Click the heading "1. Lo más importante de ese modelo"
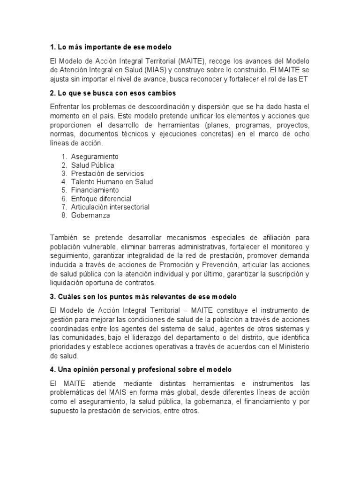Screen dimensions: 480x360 tap(111, 47)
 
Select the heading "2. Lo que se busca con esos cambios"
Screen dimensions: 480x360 tap(112, 93)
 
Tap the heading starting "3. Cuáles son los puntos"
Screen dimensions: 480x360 tap(143, 297)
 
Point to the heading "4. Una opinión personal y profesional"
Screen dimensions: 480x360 tap(141, 370)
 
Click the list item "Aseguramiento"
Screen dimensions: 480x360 tap(95, 157)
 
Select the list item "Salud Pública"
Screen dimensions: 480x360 tap(92, 165)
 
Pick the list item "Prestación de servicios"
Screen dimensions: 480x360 tap(107, 173)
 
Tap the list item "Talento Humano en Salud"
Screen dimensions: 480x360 tap(112, 182)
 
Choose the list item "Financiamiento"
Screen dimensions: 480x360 tap(95, 190)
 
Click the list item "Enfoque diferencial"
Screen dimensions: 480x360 tap(101, 199)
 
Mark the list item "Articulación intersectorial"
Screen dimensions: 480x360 tap(110, 207)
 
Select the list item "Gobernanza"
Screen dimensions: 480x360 tap(90, 216)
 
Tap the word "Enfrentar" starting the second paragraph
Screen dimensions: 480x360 tap(65, 107)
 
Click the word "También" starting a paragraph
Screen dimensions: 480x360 tap(63, 238)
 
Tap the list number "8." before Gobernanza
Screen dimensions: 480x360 tap(64, 216)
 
